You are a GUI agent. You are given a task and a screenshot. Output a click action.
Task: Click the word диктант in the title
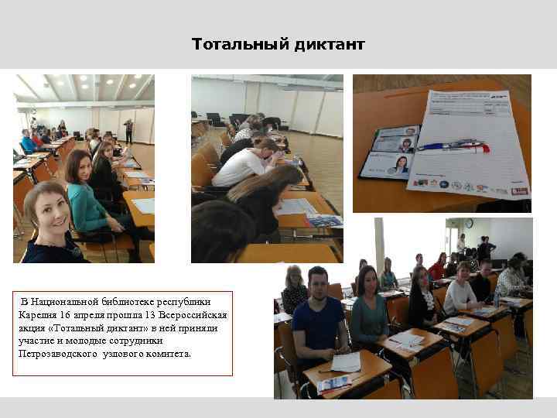point(329,45)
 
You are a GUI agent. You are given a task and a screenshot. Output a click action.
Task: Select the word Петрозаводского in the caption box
point(58,354)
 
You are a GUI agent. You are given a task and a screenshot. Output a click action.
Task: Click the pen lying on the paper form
point(453,146)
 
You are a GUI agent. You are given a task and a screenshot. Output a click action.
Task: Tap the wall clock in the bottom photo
point(469,224)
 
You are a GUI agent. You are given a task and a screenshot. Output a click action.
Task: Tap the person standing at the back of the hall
point(128,129)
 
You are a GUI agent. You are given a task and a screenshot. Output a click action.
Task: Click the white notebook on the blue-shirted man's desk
point(344,361)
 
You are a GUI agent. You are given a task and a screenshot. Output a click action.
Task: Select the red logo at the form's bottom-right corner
point(520,190)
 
